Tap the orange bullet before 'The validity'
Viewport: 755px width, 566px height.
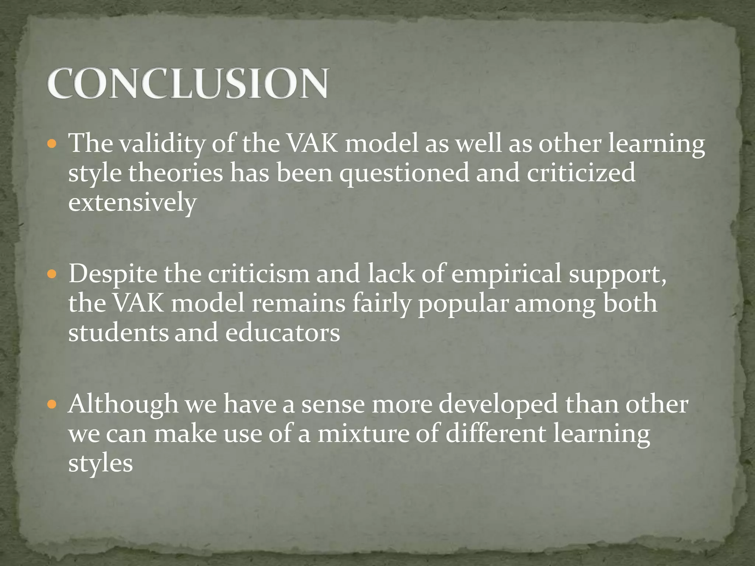[x=52, y=144]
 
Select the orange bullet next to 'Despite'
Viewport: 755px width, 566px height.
[x=52, y=274]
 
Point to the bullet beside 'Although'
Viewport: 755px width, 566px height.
[x=52, y=405]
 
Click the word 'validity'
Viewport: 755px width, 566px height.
[x=162, y=144]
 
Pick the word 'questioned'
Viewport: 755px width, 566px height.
[x=404, y=174]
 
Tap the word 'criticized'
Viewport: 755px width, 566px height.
[x=581, y=173]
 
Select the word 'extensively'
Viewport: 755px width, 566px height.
[x=132, y=203]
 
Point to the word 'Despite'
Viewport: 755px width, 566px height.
[x=112, y=275]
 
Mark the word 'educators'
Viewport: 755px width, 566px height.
[x=282, y=333]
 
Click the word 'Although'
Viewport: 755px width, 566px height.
[x=123, y=404]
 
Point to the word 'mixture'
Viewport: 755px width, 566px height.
[x=363, y=434]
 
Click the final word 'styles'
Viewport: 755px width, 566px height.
[x=101, y=464]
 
